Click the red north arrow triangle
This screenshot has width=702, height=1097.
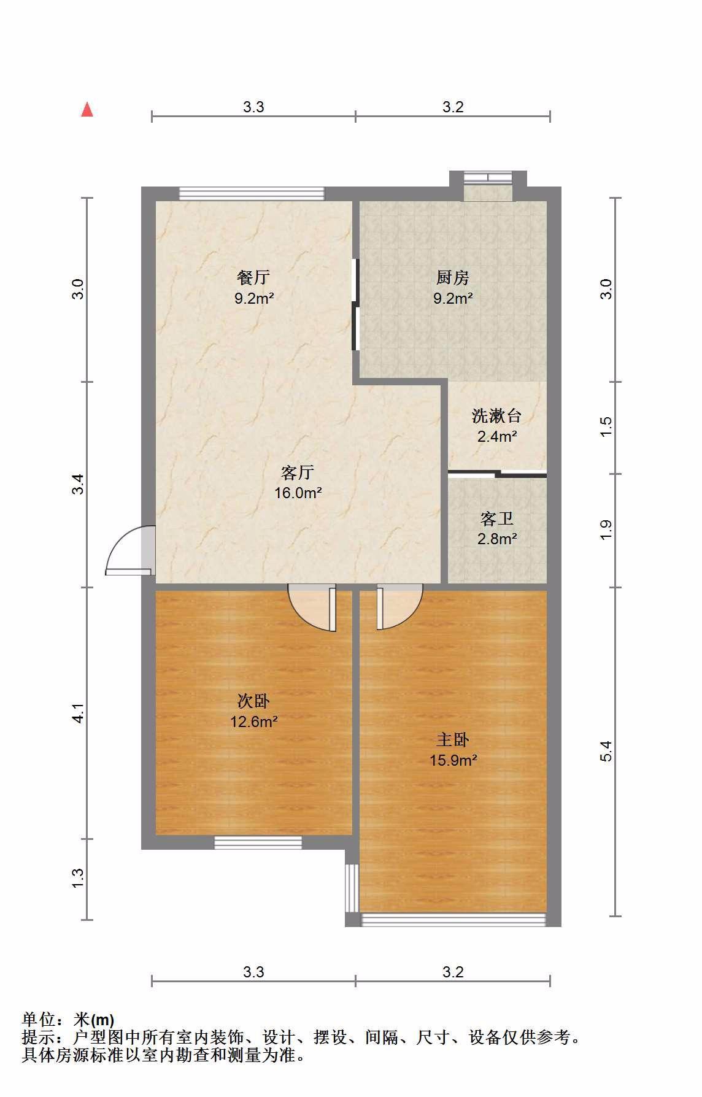click(87, 110)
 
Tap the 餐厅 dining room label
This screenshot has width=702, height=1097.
click(253, 278)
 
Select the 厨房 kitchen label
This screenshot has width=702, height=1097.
click(453, 278)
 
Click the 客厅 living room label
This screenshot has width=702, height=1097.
click(298, 472)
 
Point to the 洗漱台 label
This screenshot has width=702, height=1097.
click(496, 416)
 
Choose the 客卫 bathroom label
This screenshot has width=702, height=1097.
click(496, 519)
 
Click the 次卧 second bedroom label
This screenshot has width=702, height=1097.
click(253, 701)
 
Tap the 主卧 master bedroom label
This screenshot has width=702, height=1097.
click(453, 740)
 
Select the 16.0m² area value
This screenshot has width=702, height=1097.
click(298, 493)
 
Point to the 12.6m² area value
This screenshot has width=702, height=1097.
click(253, 722)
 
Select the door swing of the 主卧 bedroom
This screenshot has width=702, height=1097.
click(399, 607)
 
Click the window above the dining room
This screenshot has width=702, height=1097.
click(252, 194)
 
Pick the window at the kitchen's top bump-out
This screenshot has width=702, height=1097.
click(487, 178)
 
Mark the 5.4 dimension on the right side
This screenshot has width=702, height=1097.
click(606, 752)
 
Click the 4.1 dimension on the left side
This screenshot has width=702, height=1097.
click(78, 713)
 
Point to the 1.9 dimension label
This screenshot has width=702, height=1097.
click(606, 530)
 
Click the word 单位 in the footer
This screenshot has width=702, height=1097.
click(39, 1020)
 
